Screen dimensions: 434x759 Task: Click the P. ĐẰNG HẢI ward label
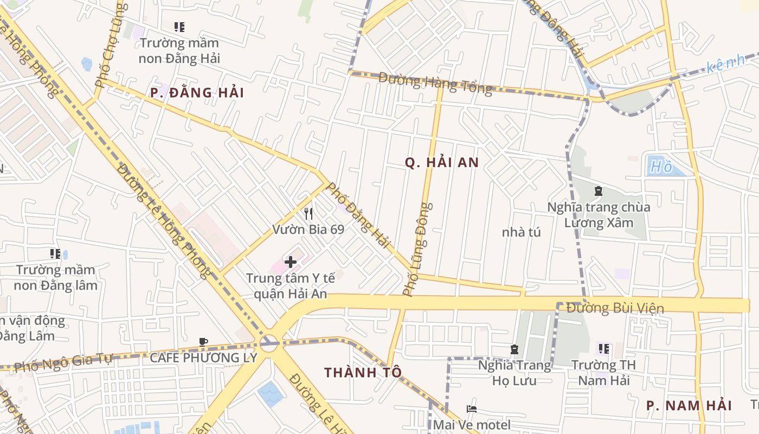coord(189,93)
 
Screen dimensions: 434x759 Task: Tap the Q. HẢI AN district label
coord(442,162)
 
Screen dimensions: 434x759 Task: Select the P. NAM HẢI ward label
coord(689,405)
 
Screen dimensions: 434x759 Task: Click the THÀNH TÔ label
coord(363,372)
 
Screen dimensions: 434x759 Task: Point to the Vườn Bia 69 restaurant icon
coord(309,213)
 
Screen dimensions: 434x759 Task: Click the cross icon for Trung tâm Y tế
coord(291,263)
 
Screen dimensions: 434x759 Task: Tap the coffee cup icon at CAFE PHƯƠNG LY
coord(203,342)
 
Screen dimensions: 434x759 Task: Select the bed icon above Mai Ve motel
coord(471,409)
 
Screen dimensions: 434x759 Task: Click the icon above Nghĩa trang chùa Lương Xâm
coord(598,191)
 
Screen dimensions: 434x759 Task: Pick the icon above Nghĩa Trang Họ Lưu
coord(514,349)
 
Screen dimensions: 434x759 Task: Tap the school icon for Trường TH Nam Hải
coord(603,348)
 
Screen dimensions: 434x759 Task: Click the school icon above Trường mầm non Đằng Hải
coord(179,27)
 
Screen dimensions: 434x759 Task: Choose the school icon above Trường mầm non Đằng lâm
coord(55,253)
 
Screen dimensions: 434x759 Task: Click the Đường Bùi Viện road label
coord(615,308)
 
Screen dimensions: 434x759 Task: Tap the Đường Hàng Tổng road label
coord(435,83)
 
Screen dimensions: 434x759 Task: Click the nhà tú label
coord(521,232)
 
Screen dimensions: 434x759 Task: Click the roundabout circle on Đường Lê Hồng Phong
coord(268,342)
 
